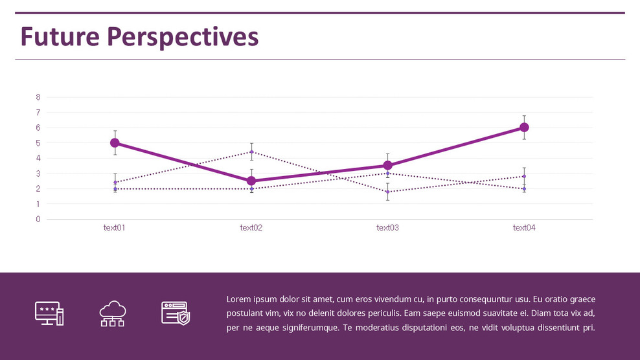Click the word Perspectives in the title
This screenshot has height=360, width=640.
[x=183, y=37]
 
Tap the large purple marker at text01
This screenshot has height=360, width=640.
[x=115, y=142]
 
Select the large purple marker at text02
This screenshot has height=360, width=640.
[x=251, y=181]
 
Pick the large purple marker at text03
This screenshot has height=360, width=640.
[x=387, y=165]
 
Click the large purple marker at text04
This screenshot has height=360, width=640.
[x=524, y=128]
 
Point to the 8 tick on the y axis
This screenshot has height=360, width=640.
[x=38, y=97]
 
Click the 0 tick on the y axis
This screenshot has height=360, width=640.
[x=38, y=219]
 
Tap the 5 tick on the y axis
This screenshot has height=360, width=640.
[x=38, y=143]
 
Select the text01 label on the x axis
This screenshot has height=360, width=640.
[x=115, y=228]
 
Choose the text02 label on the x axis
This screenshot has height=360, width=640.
[x=251, y=228]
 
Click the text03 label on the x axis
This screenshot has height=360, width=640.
[x=387, y=228]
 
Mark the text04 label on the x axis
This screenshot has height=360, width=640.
[x=524, y=228]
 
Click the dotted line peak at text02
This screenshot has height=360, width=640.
[x=251, y=152]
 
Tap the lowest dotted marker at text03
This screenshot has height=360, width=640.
[x=387, y=192]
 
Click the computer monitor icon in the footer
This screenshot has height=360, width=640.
[x=49, y=313]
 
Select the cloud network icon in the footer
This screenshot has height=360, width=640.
[x=112, y=313]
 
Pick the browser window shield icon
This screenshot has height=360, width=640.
[x=176, y=313]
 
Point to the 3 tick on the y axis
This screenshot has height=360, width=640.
[x=38, y=174]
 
